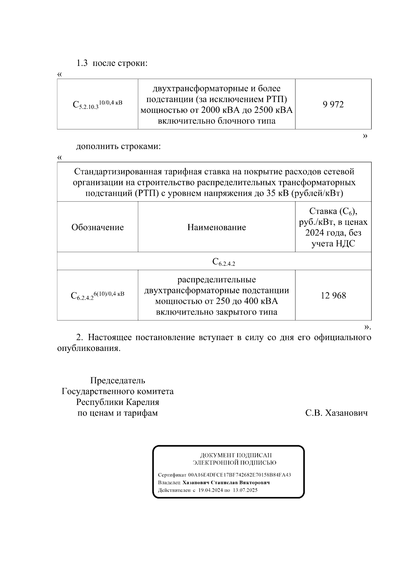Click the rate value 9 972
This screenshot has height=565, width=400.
(333, 105)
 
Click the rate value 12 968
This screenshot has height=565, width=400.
(333, 295)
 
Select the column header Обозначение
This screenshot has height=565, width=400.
(97, 227)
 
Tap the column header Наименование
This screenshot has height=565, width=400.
(216, 227)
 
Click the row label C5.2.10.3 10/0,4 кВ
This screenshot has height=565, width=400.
(97, 105)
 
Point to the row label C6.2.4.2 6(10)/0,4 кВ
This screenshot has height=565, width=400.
(97, 295)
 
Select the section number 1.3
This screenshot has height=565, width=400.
(82, 63)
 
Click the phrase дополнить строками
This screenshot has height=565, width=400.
(118, 146)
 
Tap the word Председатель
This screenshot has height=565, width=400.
(118, 380)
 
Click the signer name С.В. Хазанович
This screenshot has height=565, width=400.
(336, 413)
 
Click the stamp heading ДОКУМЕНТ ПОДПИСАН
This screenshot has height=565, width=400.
(236, 455)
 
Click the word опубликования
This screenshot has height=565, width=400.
(88, 349)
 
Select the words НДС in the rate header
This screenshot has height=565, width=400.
(345, 244)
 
